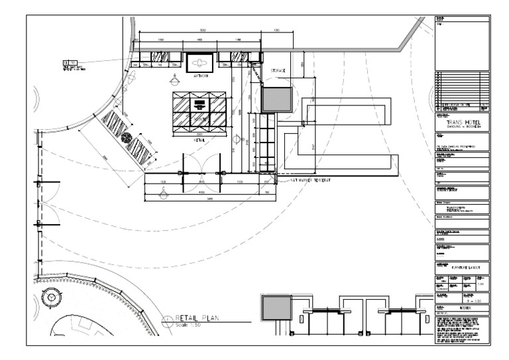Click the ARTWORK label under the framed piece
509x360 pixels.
(x=201, y=76)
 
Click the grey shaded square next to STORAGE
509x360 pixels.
(x=276, y=99)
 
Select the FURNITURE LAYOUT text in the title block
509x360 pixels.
(x=467, y=268)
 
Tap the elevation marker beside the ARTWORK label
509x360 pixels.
(x=175, y=78)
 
